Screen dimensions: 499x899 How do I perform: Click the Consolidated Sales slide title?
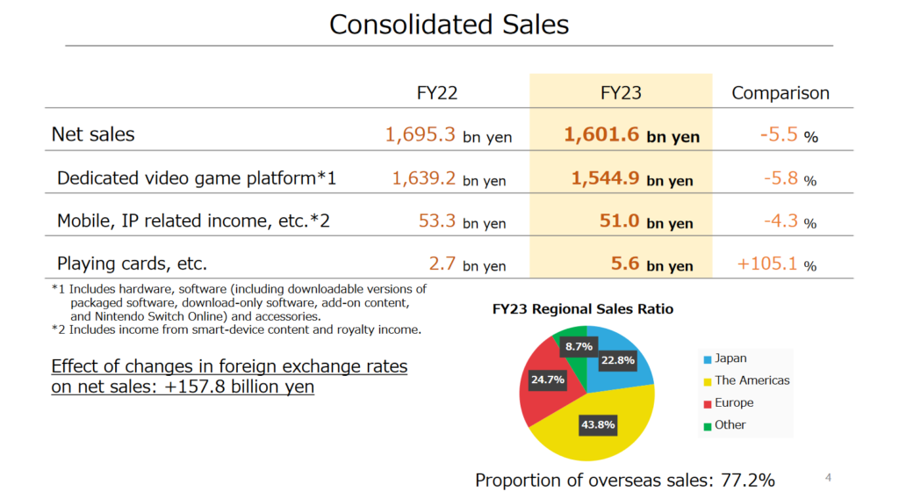(449, 24)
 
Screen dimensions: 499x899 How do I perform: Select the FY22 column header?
(436, 93)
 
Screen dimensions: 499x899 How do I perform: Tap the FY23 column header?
(621, 93)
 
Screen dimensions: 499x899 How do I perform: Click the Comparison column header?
(780, 93)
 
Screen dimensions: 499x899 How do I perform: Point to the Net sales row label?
(93, 134)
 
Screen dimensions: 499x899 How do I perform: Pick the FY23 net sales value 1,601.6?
(602, 134)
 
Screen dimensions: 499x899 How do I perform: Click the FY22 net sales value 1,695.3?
(421, 134)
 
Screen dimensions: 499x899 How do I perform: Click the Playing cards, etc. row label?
(132, 263)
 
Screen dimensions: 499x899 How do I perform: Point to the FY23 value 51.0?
(619, 221)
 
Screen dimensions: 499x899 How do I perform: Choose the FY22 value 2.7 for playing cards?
(442, 264)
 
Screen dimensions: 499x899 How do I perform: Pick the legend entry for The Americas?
(752, 380)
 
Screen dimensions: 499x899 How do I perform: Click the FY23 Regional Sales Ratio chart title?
(583, 309)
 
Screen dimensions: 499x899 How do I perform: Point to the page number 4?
(828, 477)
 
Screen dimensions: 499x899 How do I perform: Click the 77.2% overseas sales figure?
(749, 480)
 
